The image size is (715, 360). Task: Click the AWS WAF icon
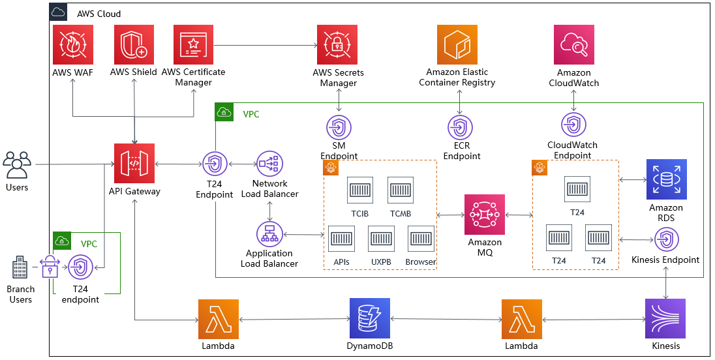pyautogui.click(x=72, y=45)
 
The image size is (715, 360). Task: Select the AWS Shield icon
pyautogui.click(x=134, y=45)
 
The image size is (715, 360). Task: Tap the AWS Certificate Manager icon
pyautogui.click(x=193, y=45)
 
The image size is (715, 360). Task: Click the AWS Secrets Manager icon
pyautogui.click(x=337, y=45)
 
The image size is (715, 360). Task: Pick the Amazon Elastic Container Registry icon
pyautogui.click(x=457, y=45)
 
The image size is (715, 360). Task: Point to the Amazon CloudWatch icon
pyautogui.click(x=574, y=45)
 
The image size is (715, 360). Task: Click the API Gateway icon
pyautogui.click(x=134, y=164)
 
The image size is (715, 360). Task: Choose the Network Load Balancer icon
pyautogui.click(x=269, y=164)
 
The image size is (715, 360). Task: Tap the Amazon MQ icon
pyautogui.click(x=485, y=215)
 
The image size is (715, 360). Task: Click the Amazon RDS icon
pyautogui.click(x=666, y=179)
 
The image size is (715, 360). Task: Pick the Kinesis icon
pyautogui.click(x=665, y=319)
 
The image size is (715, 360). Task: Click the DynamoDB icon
pyautogui.click(x=369, y=319)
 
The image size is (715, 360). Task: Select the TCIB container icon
pyautogui.click(x=360, y=190)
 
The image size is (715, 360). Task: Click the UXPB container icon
pyautogui.click(x=380, y=239)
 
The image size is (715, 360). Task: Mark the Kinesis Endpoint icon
pyautogui.click(x=665, y=241)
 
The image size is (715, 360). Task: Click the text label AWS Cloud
pyautogui.click(x=99, y=14)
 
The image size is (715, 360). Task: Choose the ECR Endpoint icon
pyautogui.click(x=460, y=127)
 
